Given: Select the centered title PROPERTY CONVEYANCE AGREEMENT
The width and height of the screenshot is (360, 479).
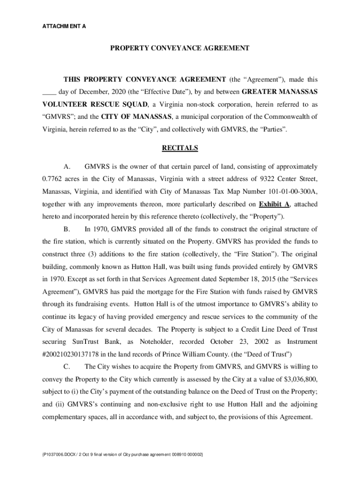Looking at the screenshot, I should tap(180, 48).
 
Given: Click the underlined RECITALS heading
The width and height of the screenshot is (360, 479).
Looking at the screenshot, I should tap(180, 148).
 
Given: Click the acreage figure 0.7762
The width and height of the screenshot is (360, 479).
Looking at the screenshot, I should tap(54, 179).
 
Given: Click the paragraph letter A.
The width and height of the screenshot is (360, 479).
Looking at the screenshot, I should tap(66, 167).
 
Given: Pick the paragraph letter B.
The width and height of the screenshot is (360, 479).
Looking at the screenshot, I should tap(66, 229).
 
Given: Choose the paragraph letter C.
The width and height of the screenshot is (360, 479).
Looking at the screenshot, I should tap(66, 367).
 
